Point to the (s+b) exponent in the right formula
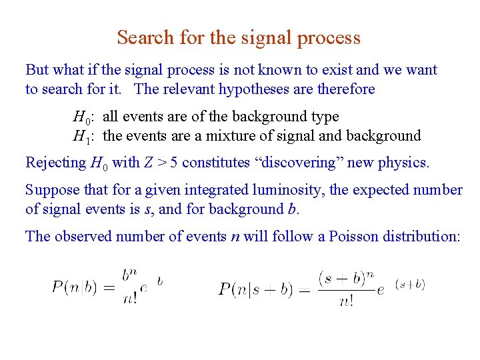(x=410, y=285)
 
